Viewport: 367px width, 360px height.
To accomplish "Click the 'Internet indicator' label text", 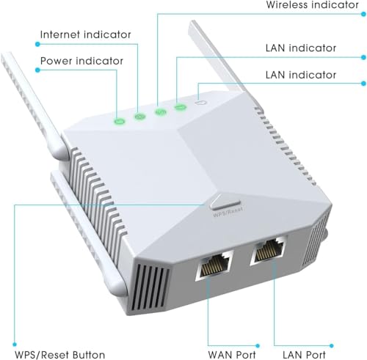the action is pyautogui.click(x=85, y=34).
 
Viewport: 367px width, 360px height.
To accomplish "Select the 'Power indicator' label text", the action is pyautogui.click(x=81, y=61).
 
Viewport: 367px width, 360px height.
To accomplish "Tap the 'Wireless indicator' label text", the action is pyautogui.click(x=313, y=5).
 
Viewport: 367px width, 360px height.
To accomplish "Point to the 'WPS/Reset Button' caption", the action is pyautogui.click(x=60, y=355).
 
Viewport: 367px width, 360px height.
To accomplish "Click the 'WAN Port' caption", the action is pyautogui.click(x=232, y=355).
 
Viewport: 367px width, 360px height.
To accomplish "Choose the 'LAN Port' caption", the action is pyautogui.click(x=304, y=355).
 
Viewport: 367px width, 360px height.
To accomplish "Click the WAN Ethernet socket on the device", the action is pyautogui.click(x=214, y=265).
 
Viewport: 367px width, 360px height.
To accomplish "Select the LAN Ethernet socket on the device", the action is pyautogui.click(x=269, y=251).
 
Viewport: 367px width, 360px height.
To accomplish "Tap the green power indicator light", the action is pyautogui.click(x=120, y=121).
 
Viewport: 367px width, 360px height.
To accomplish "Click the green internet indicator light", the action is pyautogui.click(x=140, y=117).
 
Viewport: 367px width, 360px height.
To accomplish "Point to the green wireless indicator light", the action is pyautogui.click(x=161, y=112).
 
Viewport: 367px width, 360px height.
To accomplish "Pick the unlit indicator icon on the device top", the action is pyautogui.click(x=201, y=102).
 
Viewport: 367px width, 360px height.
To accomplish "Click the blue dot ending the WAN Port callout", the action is pyautogui.click(x=258, y=345).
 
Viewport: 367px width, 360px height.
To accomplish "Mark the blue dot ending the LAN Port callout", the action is pyautogui.click(x=331, y=345).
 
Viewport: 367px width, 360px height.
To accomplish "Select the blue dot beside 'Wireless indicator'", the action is pyautogui.click(x=363, y=14).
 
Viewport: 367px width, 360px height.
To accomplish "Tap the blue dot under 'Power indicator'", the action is pyautogui.click(x=37, y=70).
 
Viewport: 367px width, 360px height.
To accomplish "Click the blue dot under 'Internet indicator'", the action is pyautogui.click(x=37, y=44).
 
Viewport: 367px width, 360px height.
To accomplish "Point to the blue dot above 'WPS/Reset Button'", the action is pyautogui.click(x=15, y=345).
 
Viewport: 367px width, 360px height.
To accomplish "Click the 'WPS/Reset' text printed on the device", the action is pyautogui.click(x=228, y=212).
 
